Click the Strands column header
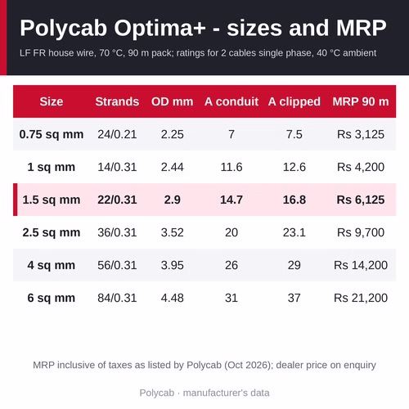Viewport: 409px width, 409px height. (x=117, y=101)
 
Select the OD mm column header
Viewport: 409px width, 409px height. (x=172, y=101)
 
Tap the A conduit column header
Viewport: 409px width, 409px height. (x=231, y=101)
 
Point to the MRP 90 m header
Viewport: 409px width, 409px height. (x=361, y=101)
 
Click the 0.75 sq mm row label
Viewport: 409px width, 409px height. (x=52, y=135)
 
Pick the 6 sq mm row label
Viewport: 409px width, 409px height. (x=52, y=299)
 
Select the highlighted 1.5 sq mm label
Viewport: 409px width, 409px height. (x=52, y=200)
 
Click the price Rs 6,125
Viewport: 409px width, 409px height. (x=361, y=200)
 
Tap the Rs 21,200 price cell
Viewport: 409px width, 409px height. (x=361, y=298)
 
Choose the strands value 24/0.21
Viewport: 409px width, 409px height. (x=117, y=134)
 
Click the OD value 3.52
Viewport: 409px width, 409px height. (x=172, y=232)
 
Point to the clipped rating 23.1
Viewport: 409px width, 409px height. (x=294, y=232)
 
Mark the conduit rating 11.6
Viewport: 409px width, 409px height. (x=231, y=167)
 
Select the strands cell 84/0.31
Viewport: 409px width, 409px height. (x=117, y=298)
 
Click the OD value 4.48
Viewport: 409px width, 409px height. (x=172, y=298)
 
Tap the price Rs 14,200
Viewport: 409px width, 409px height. (x=361, y=265)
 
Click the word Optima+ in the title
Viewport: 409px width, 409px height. (x=160, y=29)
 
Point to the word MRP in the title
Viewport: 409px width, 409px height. (x=361, y=28)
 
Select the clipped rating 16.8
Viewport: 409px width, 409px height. (x=294, y=200)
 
